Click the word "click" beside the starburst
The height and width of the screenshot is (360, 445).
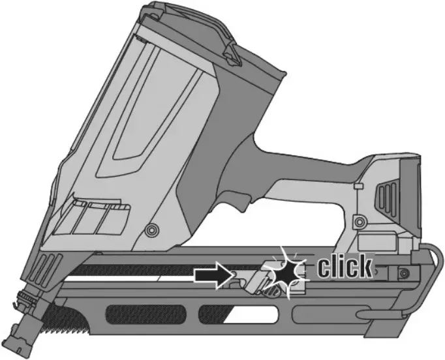[345, 267]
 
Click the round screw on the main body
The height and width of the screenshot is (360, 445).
[152, 230]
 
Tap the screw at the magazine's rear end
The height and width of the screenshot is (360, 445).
[405, 272]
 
